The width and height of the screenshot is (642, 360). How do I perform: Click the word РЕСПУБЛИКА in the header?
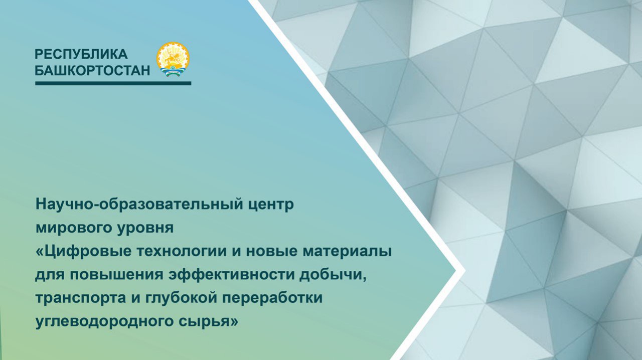(x=81, y=54)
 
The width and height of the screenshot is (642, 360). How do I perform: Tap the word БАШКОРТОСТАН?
(x=92, y=71)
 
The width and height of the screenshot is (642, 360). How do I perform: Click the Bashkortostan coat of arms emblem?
(x=173, y=59)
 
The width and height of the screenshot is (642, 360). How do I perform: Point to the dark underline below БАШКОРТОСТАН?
(x=113, y=83)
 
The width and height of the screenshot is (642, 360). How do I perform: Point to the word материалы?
(x=347, y=252)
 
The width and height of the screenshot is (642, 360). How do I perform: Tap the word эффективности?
(x=231, y=275)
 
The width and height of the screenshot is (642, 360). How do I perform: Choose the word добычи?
(x=333, y=275)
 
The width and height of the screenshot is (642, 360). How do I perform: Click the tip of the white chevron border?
(x=464, y=271)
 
